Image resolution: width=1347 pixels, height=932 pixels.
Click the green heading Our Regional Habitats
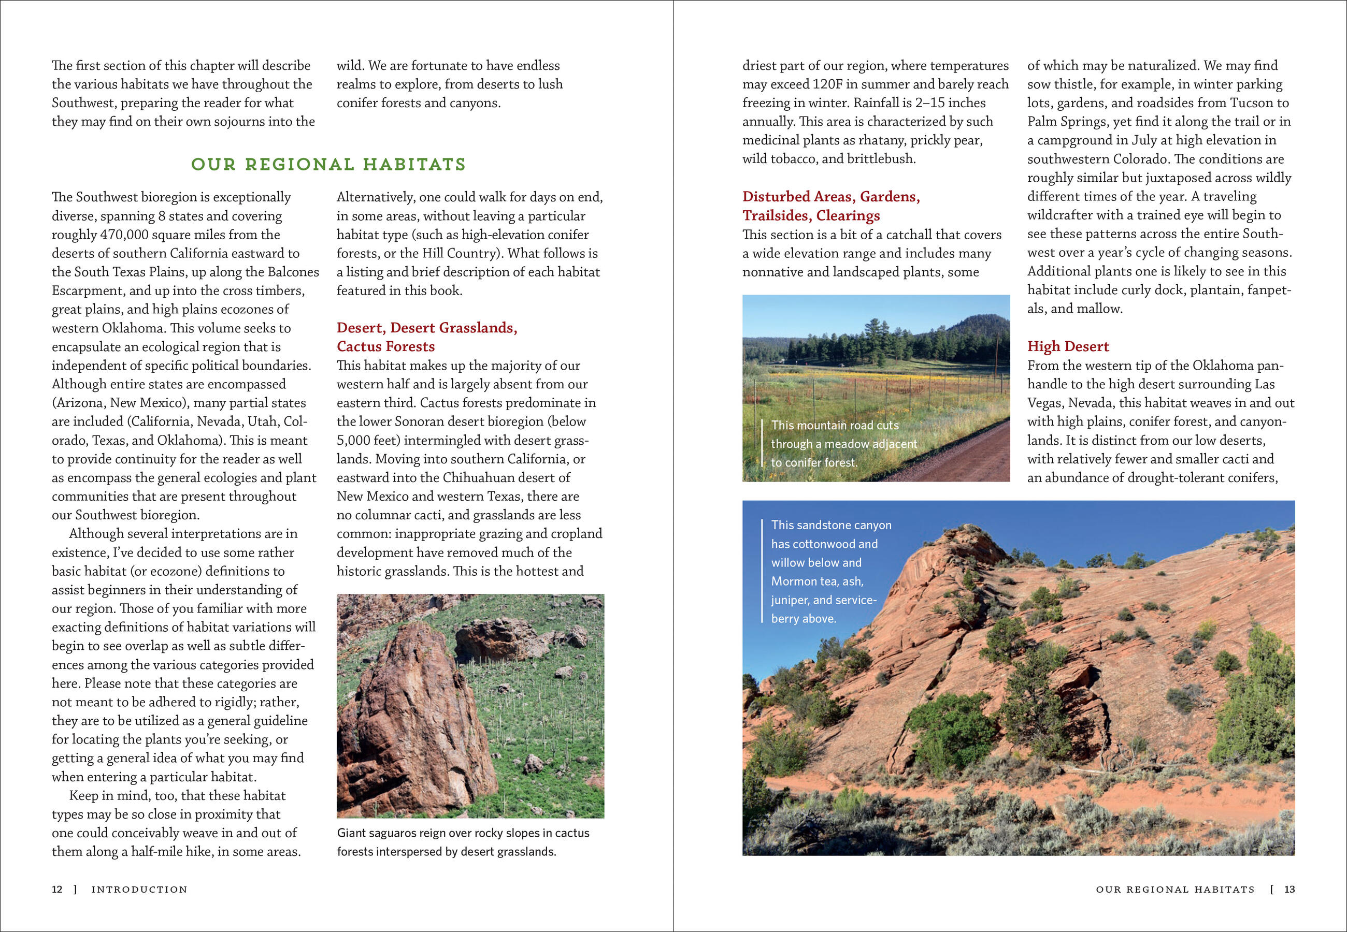[x=328, y=165]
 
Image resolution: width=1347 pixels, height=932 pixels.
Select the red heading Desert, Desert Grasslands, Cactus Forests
[x=426, y=337]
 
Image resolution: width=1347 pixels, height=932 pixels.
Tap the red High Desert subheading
[x=1068, y=346]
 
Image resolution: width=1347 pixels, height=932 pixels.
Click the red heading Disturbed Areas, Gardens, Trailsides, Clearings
[x=830, y=206]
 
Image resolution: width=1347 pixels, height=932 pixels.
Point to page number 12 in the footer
[x=56, y=890]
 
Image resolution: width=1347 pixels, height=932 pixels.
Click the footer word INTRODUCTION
[x=139, y=890]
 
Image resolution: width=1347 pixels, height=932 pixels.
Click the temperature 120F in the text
[x=827, y=84]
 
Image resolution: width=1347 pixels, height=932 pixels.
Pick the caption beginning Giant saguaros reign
[x=463, y=842]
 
